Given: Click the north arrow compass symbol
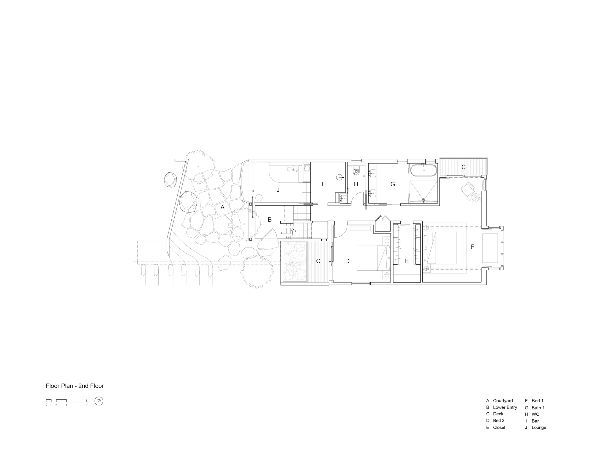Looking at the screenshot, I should coord(99,401).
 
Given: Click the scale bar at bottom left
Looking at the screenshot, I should coord(66,401).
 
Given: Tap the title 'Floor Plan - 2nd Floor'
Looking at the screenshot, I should coord(75,386).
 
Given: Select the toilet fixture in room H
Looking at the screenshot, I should coord(356,171).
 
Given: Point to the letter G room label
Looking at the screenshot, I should coord(393,184).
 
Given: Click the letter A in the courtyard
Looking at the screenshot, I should coord(222,207).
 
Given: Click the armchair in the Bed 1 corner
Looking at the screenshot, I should coord(467,189).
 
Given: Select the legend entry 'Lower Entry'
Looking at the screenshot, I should coord(505,407).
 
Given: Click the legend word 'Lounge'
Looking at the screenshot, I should coord(539,428).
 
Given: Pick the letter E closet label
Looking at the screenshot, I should coord(407,261).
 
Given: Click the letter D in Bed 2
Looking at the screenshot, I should coord(347,261).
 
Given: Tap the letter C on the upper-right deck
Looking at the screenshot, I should coord(463,167).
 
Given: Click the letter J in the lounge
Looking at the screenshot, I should coord(278,190).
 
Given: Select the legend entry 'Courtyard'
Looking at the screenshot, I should coord(503,401).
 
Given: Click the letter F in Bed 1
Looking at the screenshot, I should coord(473,247).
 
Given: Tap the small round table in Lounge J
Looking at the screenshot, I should coord(259,198).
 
